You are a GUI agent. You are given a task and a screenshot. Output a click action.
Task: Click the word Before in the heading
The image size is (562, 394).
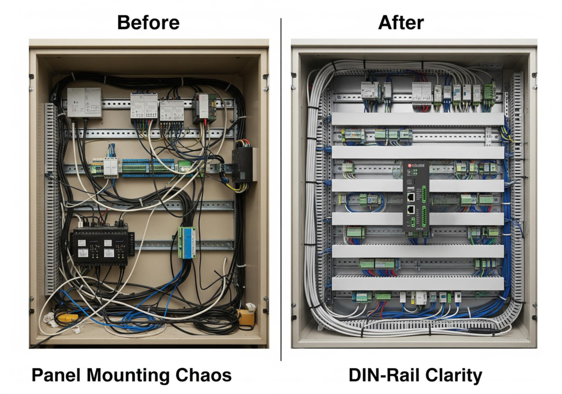click(148, 23)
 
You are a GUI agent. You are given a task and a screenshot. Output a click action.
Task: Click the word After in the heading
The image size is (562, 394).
click(401, 23)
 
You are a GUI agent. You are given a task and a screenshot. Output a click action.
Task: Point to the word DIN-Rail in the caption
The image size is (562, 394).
click(379, 375)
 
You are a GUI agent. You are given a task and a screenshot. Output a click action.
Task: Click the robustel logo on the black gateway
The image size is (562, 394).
click(418, 165)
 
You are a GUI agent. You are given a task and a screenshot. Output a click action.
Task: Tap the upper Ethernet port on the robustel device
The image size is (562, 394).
click(411, 197)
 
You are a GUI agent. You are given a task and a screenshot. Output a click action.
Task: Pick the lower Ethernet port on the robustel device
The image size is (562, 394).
click(411, 209)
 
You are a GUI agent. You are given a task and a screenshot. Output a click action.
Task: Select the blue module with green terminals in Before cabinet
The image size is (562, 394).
click(188, 242)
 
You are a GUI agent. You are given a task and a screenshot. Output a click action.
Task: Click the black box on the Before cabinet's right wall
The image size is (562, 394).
click(244, 165)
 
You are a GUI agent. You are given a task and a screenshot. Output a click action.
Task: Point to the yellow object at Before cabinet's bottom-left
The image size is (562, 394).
click(68, 318)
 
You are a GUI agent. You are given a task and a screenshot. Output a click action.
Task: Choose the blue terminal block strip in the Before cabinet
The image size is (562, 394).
click(149, 167)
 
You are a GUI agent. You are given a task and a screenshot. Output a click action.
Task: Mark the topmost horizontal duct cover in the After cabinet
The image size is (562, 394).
click(417, 119)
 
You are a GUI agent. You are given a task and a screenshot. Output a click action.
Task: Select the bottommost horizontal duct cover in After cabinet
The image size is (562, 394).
click(417, 283)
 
